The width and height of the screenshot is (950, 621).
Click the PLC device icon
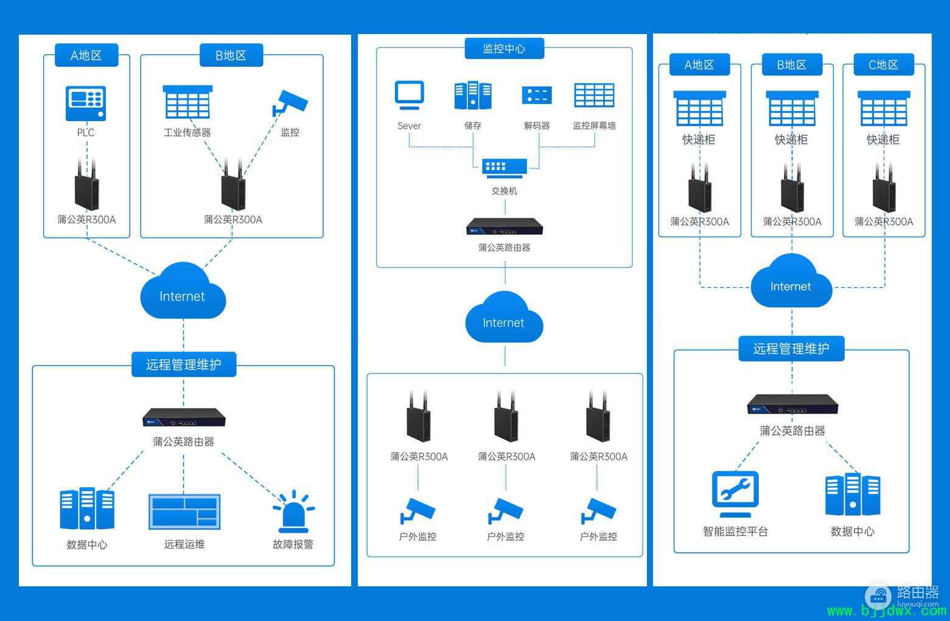[x=86, y=103]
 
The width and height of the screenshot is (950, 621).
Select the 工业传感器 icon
[x=187, y=102]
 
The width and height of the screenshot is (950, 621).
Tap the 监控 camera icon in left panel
[x=290, y=103]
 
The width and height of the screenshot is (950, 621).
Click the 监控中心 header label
[x=505, y=48]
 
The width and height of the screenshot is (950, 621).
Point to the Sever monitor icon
[x=409, y=95]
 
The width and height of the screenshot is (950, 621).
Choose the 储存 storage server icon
[x=473, y=95]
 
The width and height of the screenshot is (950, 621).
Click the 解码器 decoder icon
[x=537, y=95]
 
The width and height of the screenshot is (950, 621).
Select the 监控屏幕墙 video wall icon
[x=594, y=95]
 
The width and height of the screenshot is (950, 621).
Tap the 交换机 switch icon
[x=505, y=168]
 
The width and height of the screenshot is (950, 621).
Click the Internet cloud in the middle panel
[x=505, y=317]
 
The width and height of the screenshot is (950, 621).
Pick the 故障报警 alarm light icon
[x=293, y=511]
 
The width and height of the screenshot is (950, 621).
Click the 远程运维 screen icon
[x=184, y=512]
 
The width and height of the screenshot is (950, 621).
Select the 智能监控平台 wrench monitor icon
[x=735, y=494]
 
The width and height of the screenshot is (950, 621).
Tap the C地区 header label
[x=884, y=64]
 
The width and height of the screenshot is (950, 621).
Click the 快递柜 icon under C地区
[x=884, y=108]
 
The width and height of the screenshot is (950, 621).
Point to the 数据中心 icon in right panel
[x=853, y=494]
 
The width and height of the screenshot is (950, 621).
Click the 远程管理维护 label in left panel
[x=184, y=364]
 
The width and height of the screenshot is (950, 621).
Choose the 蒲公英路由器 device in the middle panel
[x=505, y=226]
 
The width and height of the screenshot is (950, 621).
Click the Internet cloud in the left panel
[x=183, y=291]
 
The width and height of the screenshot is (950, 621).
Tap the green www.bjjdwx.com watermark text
[x=887, y=611]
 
